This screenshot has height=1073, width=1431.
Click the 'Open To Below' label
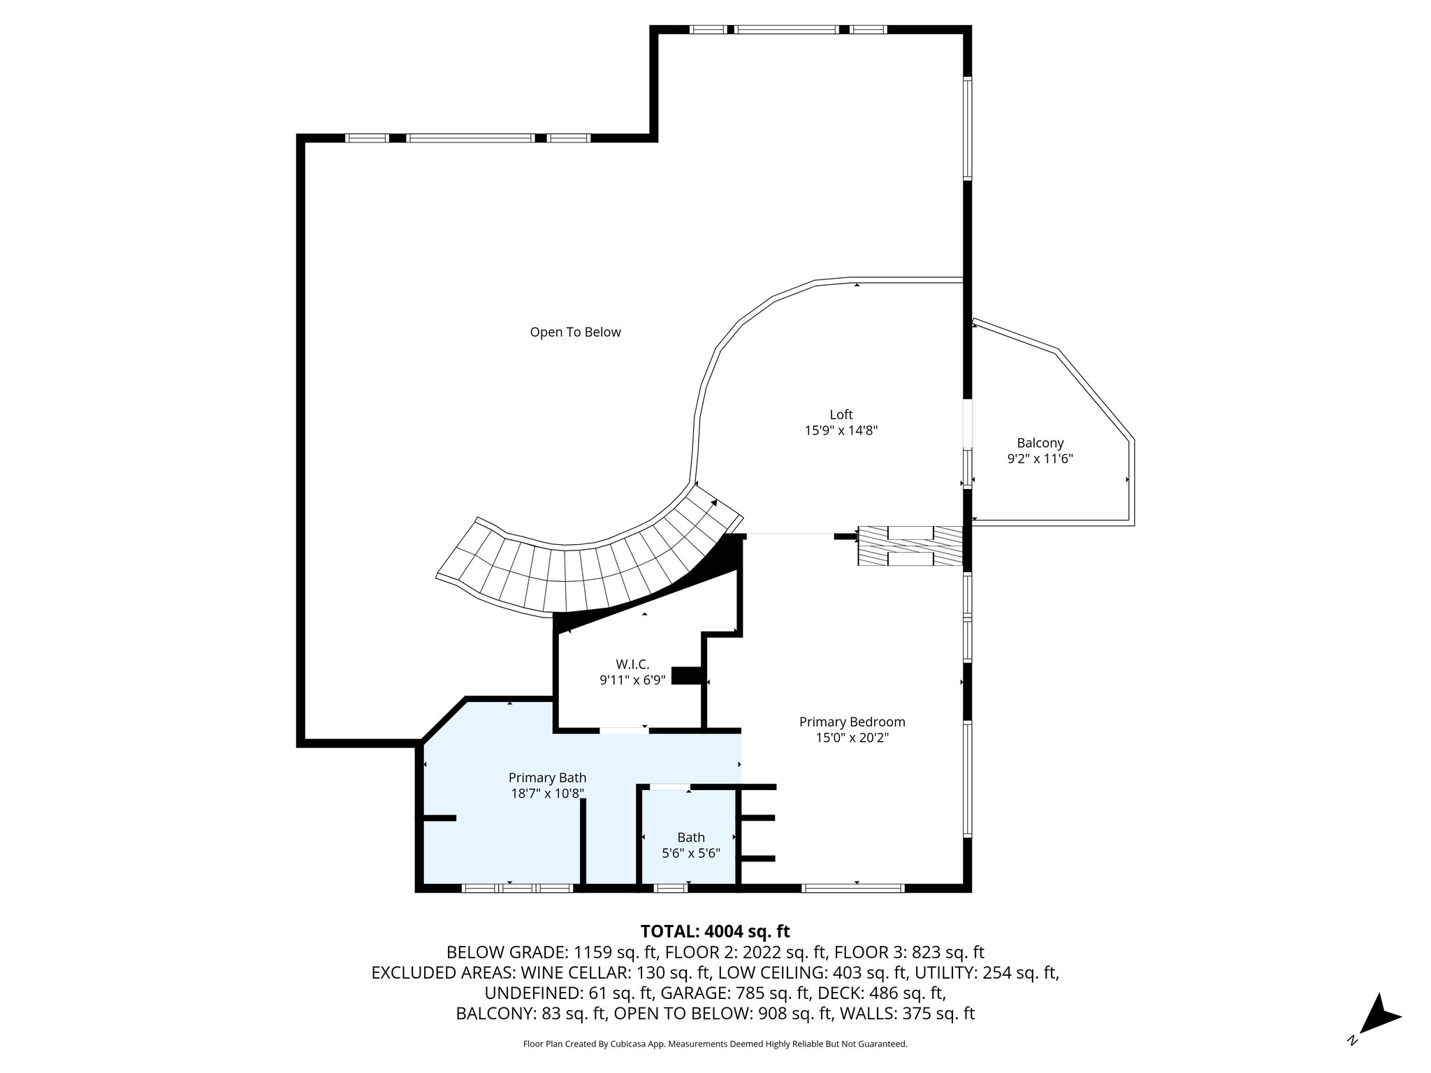pos(575,333)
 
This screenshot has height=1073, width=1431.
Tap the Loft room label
pos(841,415)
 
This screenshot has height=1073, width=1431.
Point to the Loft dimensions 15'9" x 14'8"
pos(841,431)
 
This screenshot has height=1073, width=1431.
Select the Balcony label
pos(1040,443)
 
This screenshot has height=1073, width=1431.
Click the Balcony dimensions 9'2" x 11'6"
pos(1040,459)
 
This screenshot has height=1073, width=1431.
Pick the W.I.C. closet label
pos(632,664)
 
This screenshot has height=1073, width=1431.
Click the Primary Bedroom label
pos(852,722)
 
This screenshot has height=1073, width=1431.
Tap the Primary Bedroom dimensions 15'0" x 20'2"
pos(852,738)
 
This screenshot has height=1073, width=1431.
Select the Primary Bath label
pos(547,778)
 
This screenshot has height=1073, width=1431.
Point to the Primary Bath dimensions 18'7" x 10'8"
pos(547,794)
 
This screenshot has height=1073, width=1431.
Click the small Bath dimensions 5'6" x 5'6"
pos(690,853)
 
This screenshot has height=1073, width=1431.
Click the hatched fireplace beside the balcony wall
pos(910,546)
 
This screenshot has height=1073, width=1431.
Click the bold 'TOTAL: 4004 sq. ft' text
pos(715,931)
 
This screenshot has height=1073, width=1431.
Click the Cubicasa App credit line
pos(715,1044)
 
